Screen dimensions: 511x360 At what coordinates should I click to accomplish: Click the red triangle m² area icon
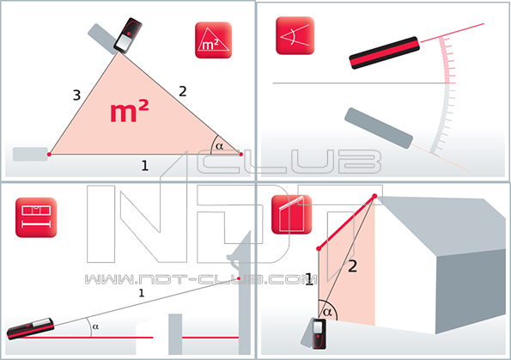214,40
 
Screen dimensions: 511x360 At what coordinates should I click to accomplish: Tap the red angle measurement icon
295,35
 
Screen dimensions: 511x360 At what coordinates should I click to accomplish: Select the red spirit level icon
36,217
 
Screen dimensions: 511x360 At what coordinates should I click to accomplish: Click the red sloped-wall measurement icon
291,214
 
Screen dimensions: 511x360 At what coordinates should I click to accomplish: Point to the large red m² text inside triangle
130,111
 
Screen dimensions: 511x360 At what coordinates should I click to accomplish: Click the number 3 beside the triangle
76,95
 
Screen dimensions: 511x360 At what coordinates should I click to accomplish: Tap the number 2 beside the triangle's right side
183,91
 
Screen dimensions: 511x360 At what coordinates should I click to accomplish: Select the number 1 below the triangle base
145,166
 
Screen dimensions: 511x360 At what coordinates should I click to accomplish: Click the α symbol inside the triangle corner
220,146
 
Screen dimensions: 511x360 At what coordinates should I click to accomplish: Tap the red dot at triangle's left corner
49,155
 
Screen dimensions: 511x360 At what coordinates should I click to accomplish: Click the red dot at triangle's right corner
241,155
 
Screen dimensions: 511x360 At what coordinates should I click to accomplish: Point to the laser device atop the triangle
128,35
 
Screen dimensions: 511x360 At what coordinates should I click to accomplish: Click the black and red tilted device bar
384,52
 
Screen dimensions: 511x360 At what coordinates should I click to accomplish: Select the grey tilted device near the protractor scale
379,128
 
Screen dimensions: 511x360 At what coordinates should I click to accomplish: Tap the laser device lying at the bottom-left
30,328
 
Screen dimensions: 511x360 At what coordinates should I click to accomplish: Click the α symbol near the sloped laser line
95,326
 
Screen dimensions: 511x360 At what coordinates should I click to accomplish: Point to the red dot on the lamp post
239,278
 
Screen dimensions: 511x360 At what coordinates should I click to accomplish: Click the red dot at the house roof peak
374,196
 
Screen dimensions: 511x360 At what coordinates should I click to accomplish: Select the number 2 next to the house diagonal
353,266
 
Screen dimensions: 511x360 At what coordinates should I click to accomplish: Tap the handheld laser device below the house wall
319,334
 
